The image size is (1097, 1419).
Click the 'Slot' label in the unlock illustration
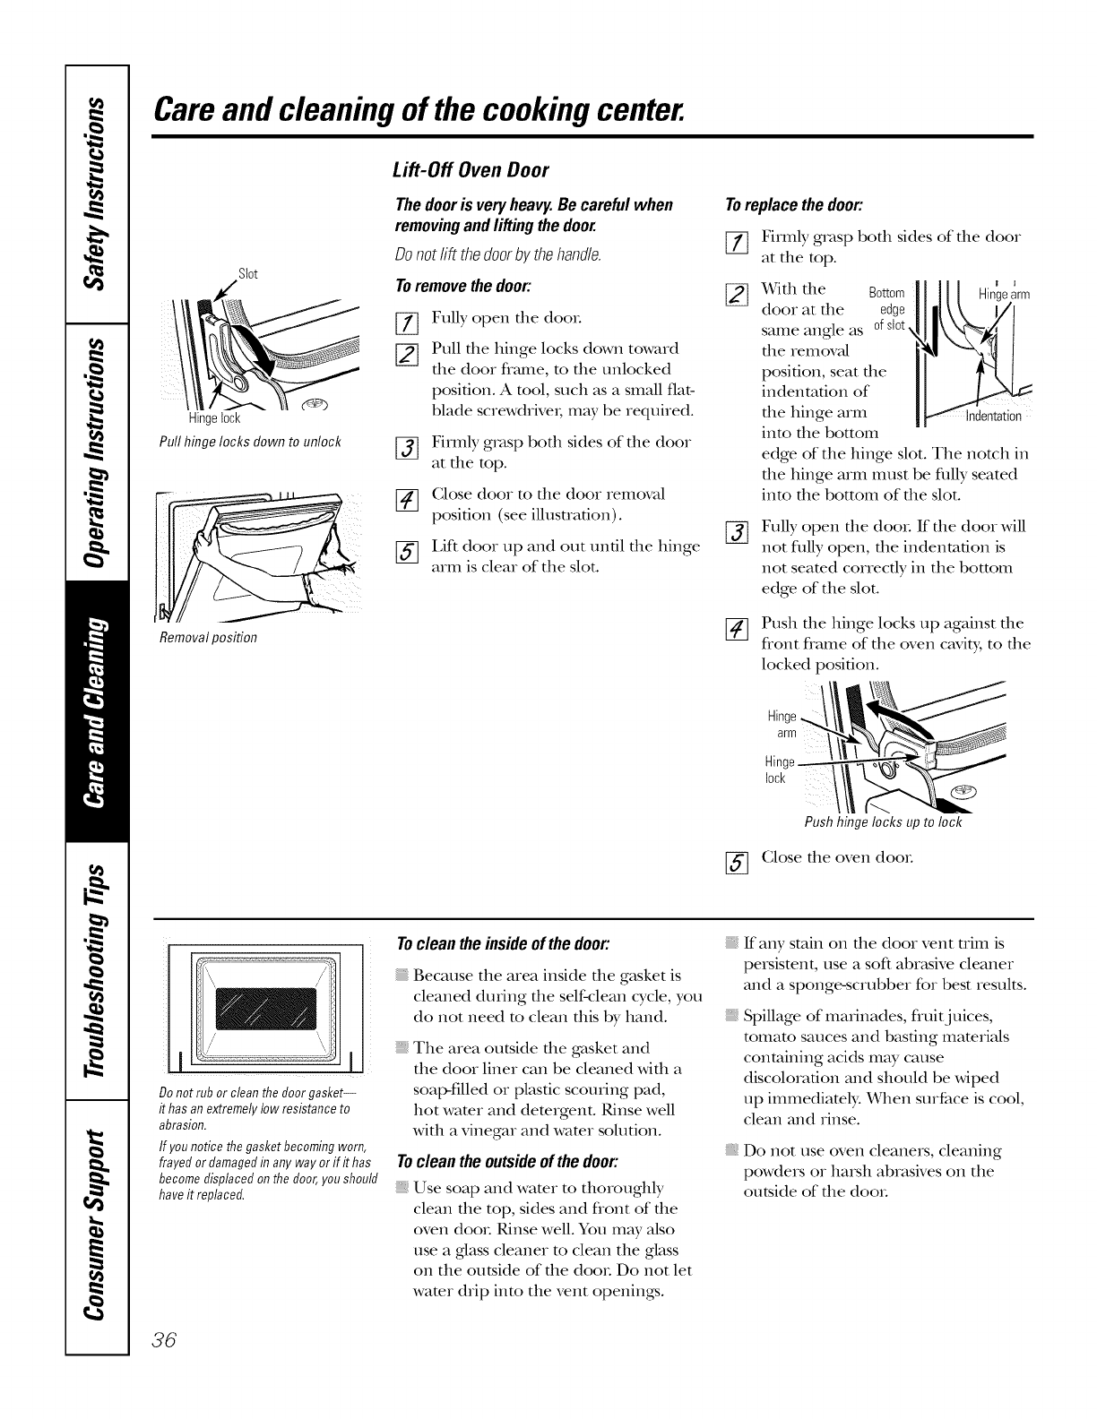coord(247,273)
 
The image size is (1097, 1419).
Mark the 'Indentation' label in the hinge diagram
coord(993,416)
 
